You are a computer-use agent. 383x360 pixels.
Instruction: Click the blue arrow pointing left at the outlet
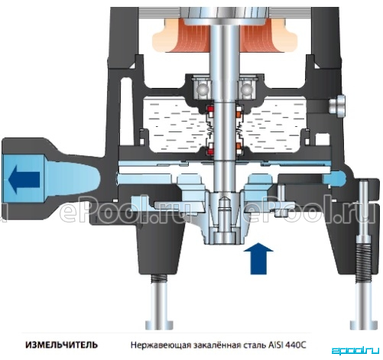click(24, 179)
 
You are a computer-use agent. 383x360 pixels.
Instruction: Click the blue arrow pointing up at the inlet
click(258, 258)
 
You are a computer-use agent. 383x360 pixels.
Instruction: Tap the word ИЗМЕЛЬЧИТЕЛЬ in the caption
click(61, 345)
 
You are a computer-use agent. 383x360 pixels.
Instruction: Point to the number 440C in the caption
click(296, 345)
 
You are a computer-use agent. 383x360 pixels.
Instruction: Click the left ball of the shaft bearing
click(202, 90)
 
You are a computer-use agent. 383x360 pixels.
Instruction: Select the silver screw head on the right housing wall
click(337, 106)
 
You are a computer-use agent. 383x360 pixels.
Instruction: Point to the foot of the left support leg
click(160, 325)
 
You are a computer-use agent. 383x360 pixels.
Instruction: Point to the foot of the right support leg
click(363, 325)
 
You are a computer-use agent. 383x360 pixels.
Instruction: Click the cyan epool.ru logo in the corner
click(355, 351)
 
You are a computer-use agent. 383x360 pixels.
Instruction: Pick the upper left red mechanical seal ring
click(211, 110)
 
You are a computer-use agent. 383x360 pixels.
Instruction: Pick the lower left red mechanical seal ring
click(211, 150)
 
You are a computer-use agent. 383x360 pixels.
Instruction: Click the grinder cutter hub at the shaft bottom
click(224, 225)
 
